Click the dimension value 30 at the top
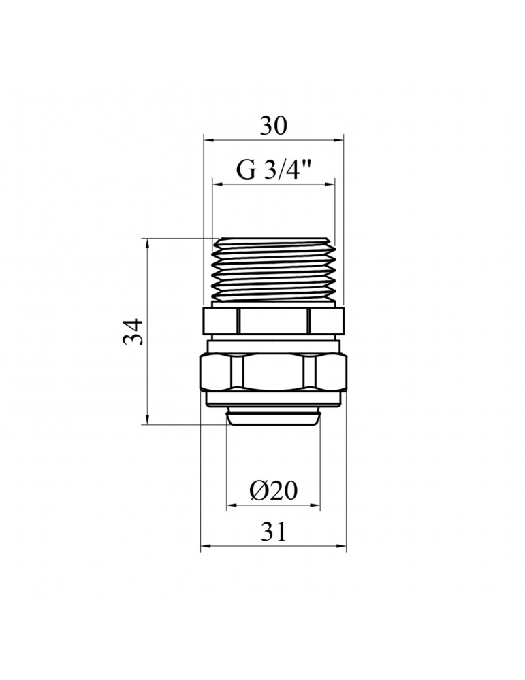(274, 126)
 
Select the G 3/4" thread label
(274, 170)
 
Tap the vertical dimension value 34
(133, 332)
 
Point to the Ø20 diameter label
(274, 491)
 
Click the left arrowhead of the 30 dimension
(209, 139)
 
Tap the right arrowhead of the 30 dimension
(338, 139)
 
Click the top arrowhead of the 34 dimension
(148, 243)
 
